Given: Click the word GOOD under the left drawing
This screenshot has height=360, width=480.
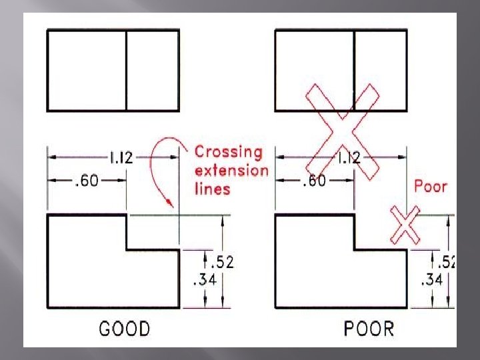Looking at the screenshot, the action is point(125,329).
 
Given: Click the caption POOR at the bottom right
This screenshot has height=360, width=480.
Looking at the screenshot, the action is point(369,329).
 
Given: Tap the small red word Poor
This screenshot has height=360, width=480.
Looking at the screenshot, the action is point(431,187).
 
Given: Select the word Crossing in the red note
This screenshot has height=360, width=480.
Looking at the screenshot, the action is point(229,152).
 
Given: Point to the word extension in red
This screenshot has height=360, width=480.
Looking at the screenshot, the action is point(231,170).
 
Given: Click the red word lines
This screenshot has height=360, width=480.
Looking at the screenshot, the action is point(212,189).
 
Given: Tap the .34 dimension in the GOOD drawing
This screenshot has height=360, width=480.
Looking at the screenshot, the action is point(204,280).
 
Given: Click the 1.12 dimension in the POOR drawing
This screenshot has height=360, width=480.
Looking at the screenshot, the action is point(351,158).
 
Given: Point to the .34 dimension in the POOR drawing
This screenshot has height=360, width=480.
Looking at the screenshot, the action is point(431,280).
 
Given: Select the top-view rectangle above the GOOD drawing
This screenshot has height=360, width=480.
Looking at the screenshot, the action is point(113,70).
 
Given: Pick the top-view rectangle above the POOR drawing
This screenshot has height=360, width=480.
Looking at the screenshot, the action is point(341,70).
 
